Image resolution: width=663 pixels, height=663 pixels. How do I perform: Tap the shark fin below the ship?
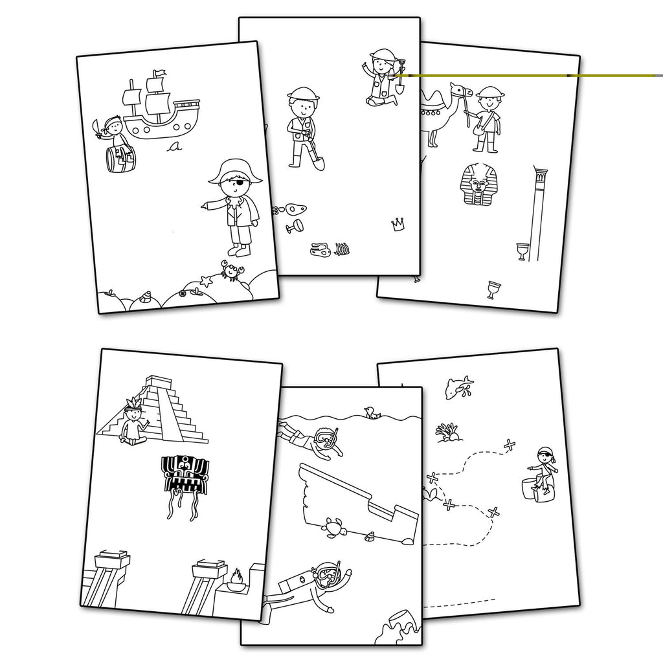pyautogui.click(x=173, y=148)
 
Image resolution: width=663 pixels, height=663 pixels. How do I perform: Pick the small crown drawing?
pyautogui.click(x=398, y=224)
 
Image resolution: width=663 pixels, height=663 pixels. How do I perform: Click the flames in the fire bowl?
pyautogui.click(x=236, y=576)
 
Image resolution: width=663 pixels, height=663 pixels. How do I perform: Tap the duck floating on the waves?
pyautogui.click(x=372, y=412)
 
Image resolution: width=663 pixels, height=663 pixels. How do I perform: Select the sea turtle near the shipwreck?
pyautogui.click(x=334, y=528)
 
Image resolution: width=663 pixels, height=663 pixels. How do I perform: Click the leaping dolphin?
pyautogui.click(x=458, y=387)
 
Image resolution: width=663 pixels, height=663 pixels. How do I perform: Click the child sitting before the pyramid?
pyautogui.click(x=134, y=424)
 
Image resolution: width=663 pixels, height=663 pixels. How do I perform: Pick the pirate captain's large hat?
pyautogui.click(x=235, y=171)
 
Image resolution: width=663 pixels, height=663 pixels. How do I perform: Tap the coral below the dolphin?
pyautogui.click(x=448, y=432)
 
